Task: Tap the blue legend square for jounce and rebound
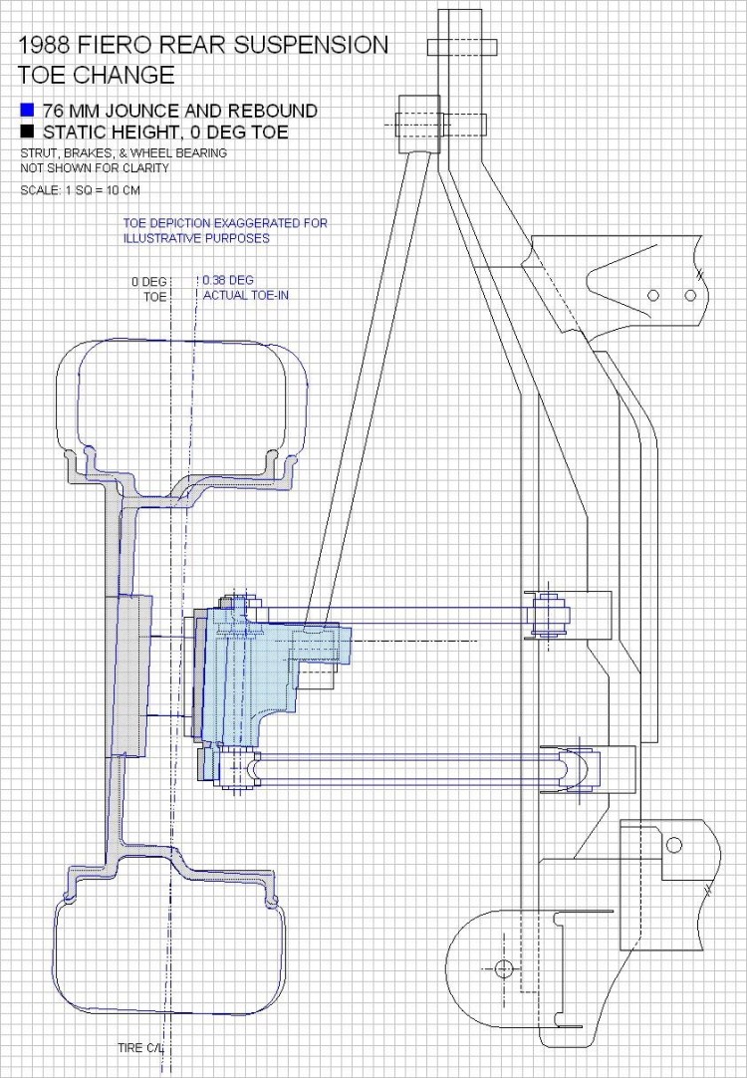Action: (27, 111)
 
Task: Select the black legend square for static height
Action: (27, 133)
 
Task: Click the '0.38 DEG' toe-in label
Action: (225, 281)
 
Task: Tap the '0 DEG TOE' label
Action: (150, 289)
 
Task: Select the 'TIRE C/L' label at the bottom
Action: (138, 1047)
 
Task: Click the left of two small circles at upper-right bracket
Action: (653, 294)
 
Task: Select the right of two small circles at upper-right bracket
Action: (689, 294)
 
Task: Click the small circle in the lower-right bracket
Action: (674, 846)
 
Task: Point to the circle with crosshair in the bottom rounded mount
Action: (502, 967)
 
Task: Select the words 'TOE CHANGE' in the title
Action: (97, 75)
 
